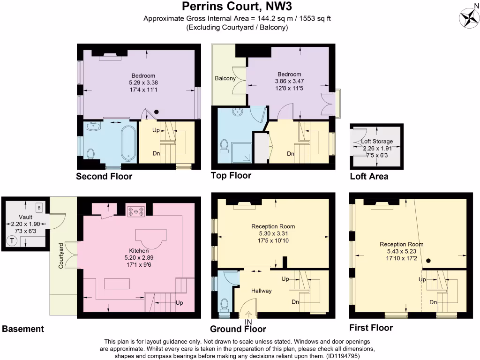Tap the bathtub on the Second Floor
[x=127, y=142]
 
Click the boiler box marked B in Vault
[x=39, y=207]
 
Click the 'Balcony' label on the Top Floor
[x=225, y=78]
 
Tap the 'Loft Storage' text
[x=377, y=141]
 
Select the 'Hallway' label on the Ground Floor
[x=261, y=291]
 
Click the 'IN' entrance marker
[x=248, y=322]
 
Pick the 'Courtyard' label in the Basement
[x=61, y=255]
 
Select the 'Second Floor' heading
[x=104, y=177]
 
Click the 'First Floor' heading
[x=371, y=328]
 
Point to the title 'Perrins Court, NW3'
[x=240, y=7]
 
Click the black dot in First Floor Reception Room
[x=428, y=260]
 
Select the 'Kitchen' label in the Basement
[x=139, y=250]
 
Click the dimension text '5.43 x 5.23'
[x=401, y=251]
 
